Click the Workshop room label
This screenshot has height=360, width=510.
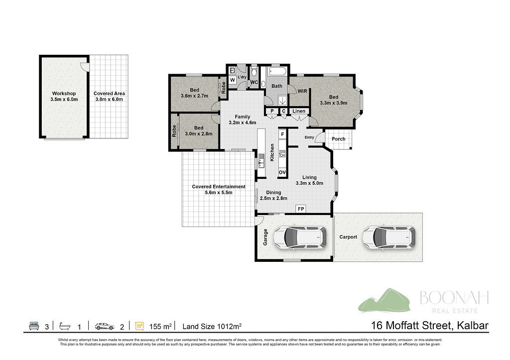point(64,93)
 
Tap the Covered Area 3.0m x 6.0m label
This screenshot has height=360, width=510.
point(109,96)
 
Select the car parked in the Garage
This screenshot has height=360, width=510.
point(300,237)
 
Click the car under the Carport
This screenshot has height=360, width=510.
point(389,237)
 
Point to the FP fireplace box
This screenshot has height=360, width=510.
point(301,209)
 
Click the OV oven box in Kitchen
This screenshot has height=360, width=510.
point(282,172)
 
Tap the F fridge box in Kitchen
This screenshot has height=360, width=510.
point(283,134)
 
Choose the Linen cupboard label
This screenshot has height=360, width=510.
point(299,111)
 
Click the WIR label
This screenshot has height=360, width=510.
point(302,91)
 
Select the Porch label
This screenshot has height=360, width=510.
point(339,139)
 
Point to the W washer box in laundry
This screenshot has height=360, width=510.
point(232,80)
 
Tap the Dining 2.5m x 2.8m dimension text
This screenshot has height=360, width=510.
point(273,198)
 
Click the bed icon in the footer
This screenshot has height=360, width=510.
point(34,326)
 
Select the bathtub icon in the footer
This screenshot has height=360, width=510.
point(65,326)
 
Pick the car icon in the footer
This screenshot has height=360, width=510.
point(105,326)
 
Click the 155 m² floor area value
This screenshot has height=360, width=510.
point(160,326)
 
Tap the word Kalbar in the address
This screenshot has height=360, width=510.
point(473,325)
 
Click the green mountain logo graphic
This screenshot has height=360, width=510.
point(384,301)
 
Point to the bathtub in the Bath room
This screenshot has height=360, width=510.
point(277,72)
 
